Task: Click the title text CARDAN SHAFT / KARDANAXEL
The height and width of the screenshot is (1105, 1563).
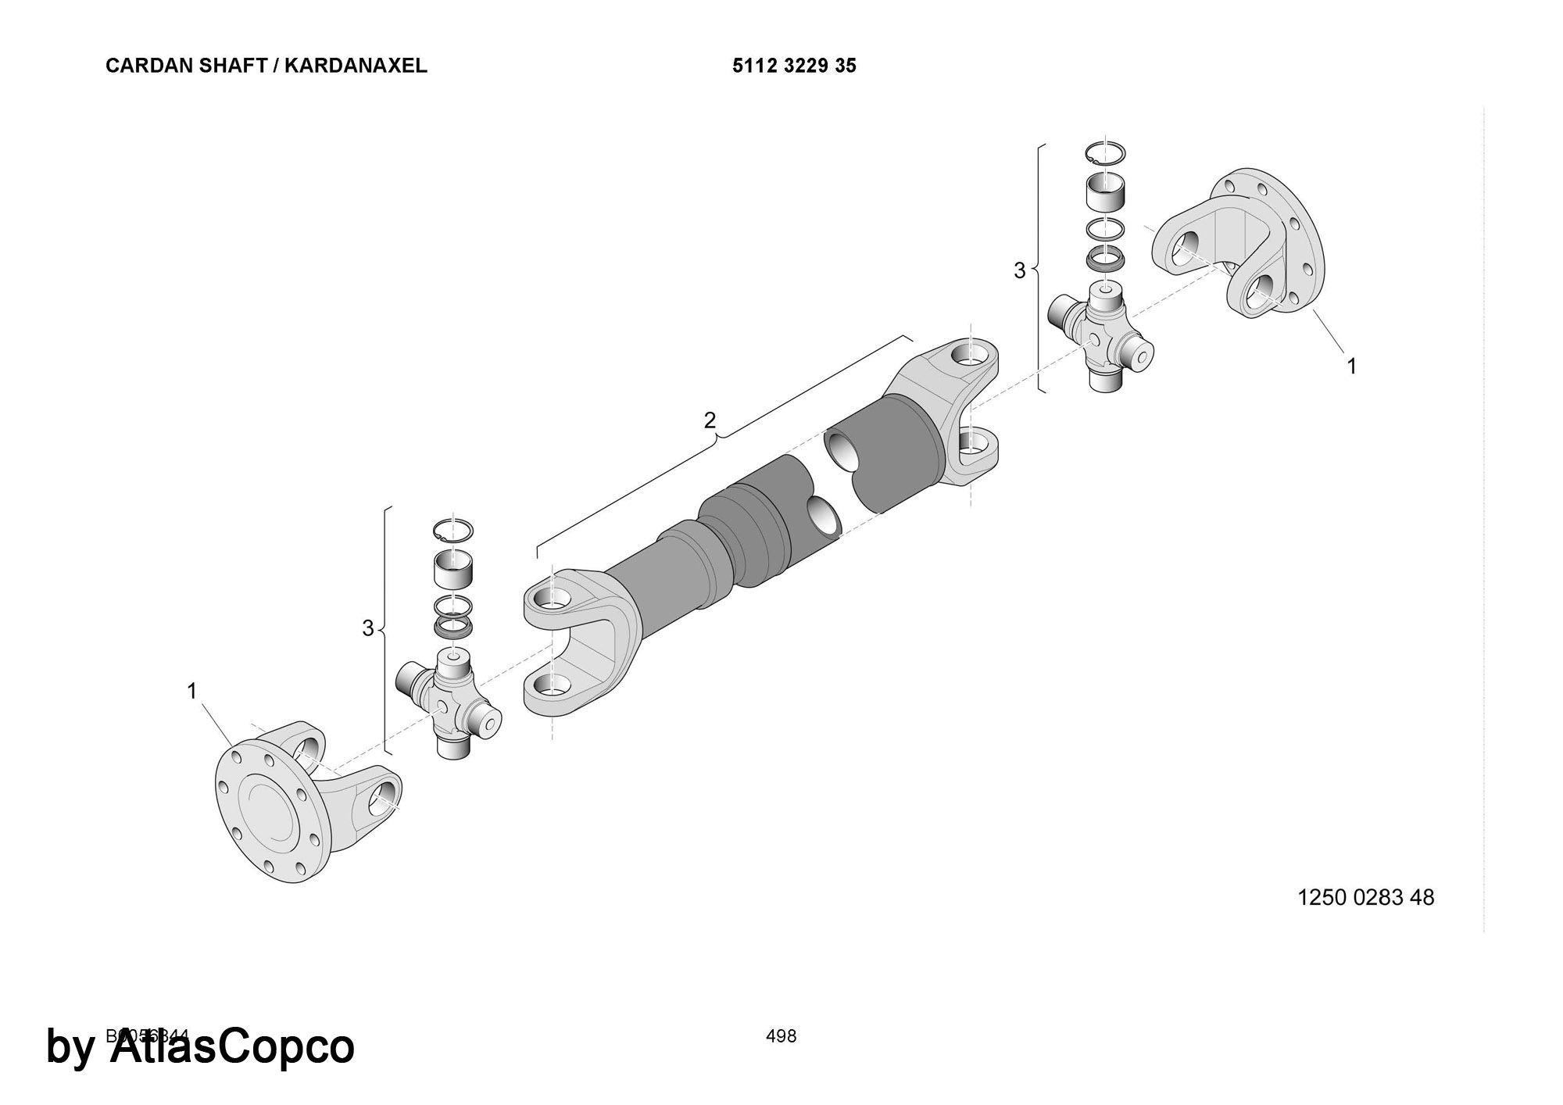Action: tap(266, 66)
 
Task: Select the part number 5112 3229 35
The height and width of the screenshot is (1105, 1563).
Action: tap(794, 66)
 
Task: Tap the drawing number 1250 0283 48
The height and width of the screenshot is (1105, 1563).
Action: tap(1365, 897)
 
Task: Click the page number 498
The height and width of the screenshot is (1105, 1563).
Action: tap(781, 1036)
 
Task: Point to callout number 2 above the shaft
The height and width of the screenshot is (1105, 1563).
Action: tap(710, 420)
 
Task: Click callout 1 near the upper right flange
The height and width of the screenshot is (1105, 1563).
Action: tap(1351, 365)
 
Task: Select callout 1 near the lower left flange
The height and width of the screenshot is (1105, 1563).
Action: tap(191, 691)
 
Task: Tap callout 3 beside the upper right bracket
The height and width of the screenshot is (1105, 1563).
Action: tap(1019, 270)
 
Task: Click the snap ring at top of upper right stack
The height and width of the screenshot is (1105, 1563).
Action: tap(1105, 154)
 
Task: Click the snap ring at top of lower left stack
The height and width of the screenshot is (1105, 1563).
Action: tap(453, 529)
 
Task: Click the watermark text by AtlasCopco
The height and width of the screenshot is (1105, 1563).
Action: tap(201, 1047)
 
